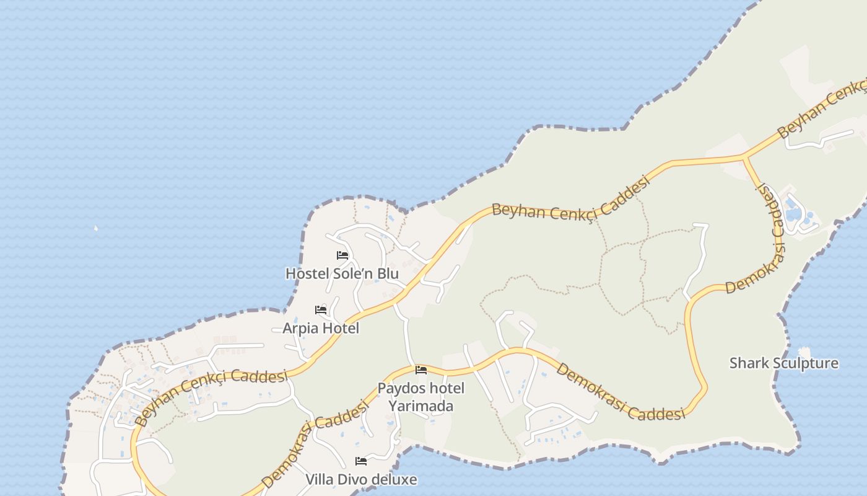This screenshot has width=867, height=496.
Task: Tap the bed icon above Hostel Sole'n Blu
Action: pyautogui.click(x=342, y=255)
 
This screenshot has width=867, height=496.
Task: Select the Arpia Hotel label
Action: pyautogui.click(x=321, y=328)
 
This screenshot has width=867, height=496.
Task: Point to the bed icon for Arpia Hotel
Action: pyautogui.click(x=321, y=310)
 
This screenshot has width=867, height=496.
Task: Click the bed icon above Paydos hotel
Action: pyautogui.click(x=421, y=371)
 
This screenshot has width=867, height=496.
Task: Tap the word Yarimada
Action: pyautogui.click(x=420, y=406)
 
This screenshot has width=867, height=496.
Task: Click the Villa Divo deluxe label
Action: pyautogui.click(x=361, y=479)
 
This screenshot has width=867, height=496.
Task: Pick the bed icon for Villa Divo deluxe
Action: pyautogui.click(x=361, y=461)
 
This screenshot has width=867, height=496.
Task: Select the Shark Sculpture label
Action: pyautogui.click(x=784, y=363)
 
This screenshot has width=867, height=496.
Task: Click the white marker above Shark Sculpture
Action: pyautogui.click(x=804, y=352)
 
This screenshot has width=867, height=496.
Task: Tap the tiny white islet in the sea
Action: pyautogui.click(x=96, y=228)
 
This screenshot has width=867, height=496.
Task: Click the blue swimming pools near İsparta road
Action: pyautogui.click(x=796, y=211)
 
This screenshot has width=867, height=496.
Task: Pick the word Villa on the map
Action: pyautogui.click(x=320, y=479)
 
